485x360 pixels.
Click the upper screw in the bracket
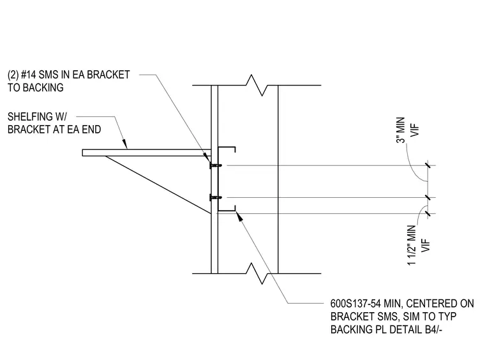[x=216, y=165]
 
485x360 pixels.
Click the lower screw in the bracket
[x=216, y=197]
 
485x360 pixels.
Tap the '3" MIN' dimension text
[x=401, y=130]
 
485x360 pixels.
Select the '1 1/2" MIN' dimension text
[x=412, y=245]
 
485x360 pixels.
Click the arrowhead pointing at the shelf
[x=124, y=144]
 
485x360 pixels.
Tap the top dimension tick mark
[x=428, y=165]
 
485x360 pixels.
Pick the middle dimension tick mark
[x=428, y=197]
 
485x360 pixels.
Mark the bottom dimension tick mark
[x=428, y=213]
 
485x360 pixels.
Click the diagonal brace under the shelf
[x=158, y=185]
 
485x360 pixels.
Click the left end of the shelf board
[x=82, y=153]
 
